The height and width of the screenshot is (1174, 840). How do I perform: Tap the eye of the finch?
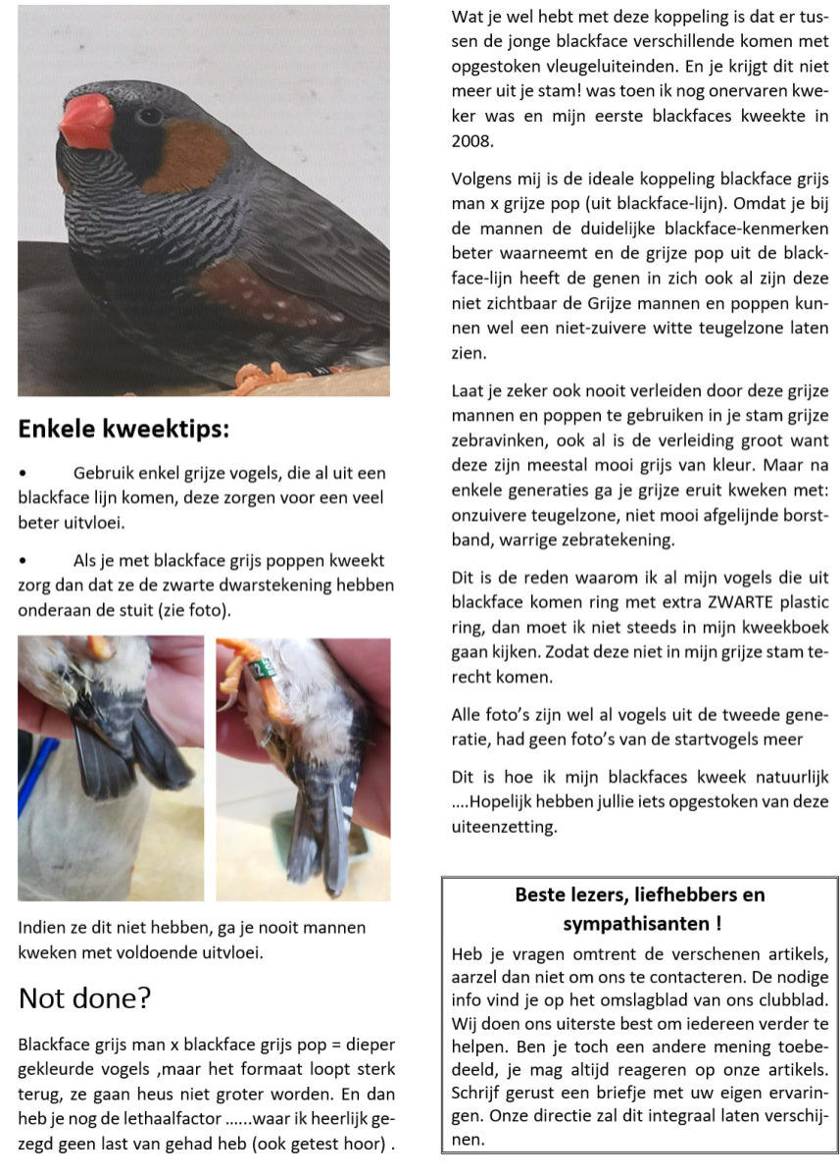pos(149,116)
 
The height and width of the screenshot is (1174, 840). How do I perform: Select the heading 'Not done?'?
pos(84,998)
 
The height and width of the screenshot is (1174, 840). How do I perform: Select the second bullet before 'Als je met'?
pos(24,562)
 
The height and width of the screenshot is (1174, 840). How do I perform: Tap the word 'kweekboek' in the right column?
pos(780,627)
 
